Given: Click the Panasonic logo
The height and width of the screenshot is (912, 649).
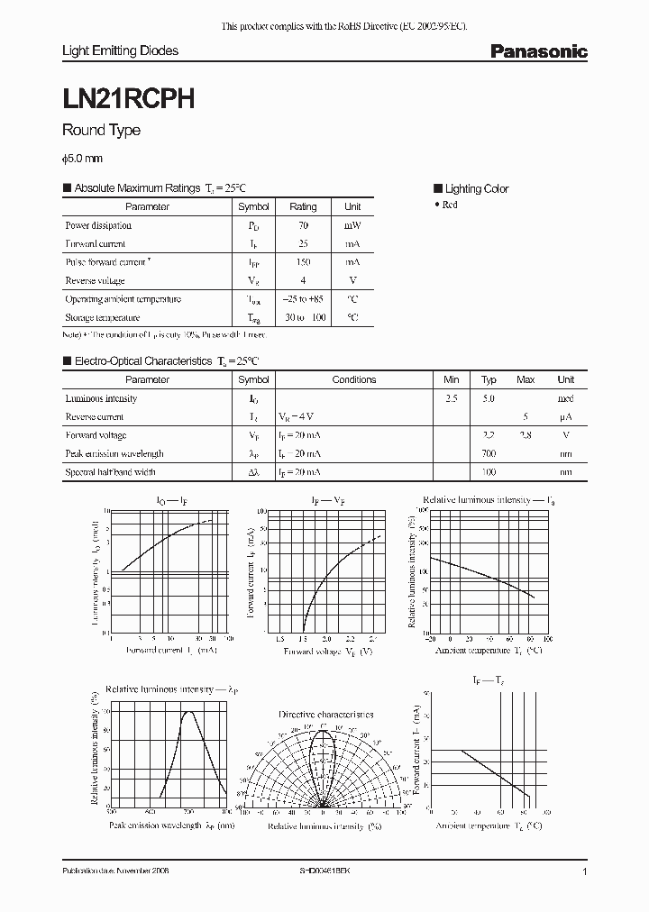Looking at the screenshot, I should point(538,51).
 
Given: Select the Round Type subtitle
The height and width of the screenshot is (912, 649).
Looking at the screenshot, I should point(101,131).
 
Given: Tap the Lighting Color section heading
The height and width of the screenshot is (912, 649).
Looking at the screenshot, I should point(476,188).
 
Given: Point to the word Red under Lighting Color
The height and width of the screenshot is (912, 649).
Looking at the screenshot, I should point(450,205).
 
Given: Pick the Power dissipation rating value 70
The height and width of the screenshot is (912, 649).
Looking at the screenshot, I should point(303,225).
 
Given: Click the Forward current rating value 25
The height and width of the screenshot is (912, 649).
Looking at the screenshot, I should point(303,244).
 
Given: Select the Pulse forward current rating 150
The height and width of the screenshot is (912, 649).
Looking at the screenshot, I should point(303,262).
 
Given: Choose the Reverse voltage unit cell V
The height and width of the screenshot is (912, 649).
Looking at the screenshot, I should point(352,281).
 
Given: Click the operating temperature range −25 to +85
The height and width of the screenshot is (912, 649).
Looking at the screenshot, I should point(303,299).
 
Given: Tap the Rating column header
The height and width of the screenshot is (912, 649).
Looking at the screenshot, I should point(303,206).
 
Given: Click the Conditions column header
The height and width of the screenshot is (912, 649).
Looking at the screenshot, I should point(353,379).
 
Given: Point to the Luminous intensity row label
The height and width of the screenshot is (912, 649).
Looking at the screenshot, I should point(101,398).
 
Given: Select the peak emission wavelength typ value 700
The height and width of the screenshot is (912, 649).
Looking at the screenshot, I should point(489,453).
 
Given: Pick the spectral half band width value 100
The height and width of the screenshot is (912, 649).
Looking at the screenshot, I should point(489,472).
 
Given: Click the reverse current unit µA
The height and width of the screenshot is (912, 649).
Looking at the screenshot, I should point(565,416).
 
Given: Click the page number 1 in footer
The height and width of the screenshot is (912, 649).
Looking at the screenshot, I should point(585,872).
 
